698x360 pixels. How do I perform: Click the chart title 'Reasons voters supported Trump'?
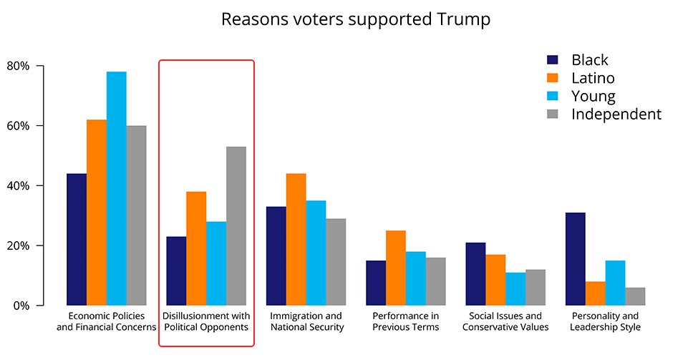[x=356, y=19]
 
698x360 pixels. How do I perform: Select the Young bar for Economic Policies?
[x=117, y=188]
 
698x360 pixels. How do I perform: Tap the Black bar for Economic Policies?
[x=77, y=239]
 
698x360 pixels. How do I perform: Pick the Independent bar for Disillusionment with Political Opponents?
[x=236, y=226]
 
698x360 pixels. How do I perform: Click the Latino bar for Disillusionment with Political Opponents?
[x=196, y=248]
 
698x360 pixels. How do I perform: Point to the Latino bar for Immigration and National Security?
[x=296, y=239]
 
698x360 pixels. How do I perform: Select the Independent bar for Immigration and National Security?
[x=336, y=262]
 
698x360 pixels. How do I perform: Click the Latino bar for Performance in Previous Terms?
[x=396, y=268]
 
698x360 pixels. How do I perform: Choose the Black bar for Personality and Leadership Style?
[x=576, y=259]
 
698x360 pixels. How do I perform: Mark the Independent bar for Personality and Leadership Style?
[x=635, y=296]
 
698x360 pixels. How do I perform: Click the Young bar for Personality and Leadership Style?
[x=615, y=283]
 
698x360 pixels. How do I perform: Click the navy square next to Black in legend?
[x=553, y=60]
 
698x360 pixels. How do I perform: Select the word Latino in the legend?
[x=593, y=78]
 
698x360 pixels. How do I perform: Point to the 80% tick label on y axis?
[x=18, y=66]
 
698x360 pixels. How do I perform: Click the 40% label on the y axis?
[x=18, y=185]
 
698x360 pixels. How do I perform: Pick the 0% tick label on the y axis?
[x=21, y=306]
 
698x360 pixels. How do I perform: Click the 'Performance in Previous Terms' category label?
[x=406, y=321]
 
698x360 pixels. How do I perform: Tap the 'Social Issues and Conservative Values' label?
[x=505, y=321]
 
